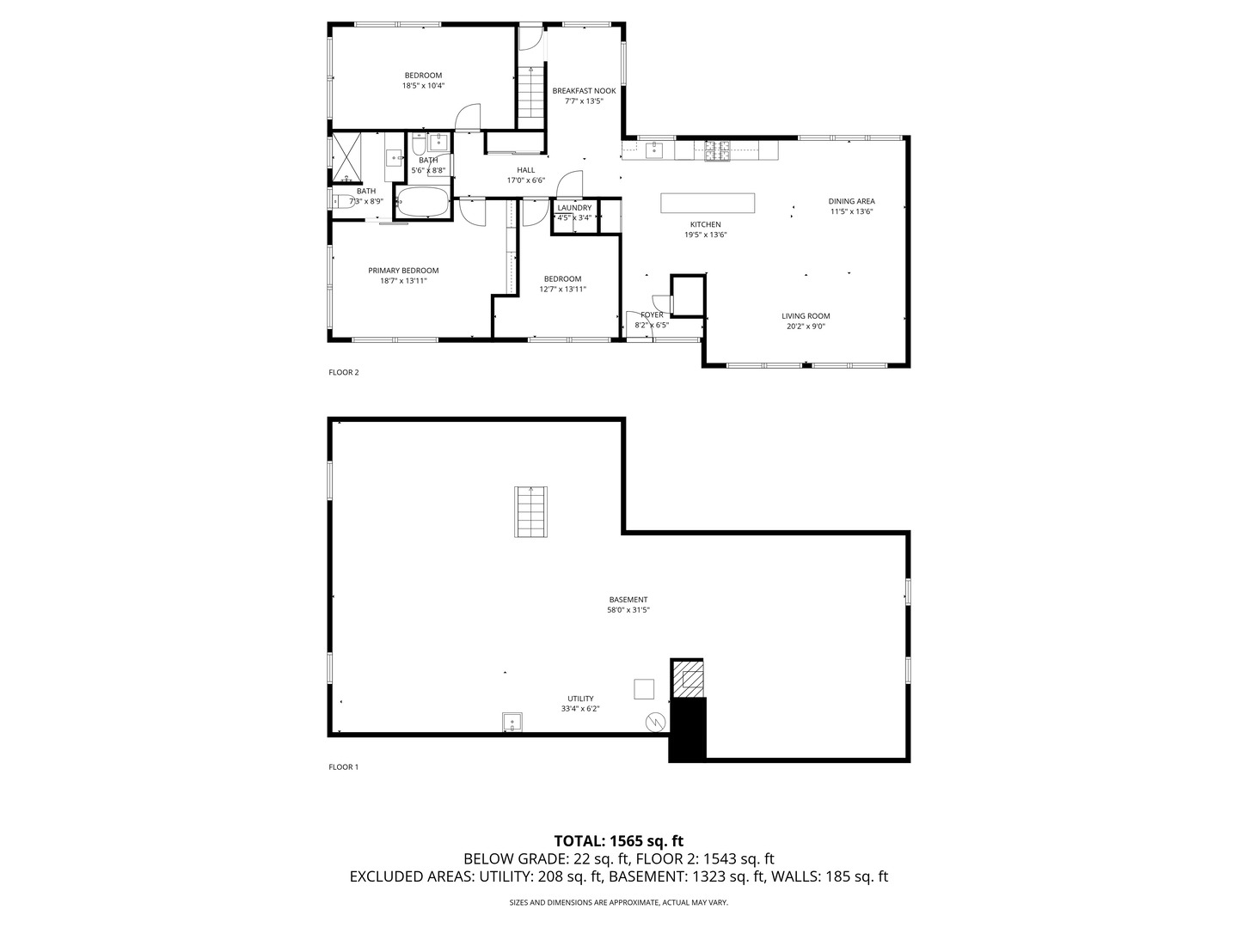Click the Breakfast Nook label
(584, 90)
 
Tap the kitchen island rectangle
(708, 203)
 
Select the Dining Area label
(851, 201)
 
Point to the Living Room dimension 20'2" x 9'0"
(806, 327)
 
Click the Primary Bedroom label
(403, 270)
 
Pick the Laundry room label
(574, 208)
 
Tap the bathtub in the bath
(423, 204)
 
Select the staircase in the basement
(531, 512)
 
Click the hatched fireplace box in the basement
(689, 679)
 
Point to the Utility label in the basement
(579, 699)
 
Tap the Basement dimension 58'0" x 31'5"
(628, 610)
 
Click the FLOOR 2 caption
(343, 372)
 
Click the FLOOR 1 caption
(343, 766)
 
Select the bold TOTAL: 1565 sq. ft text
(618, 840)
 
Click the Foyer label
(652, 314)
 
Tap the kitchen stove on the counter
(717, 151)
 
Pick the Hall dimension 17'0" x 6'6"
(525, 180)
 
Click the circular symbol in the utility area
(656, 723)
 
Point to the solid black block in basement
(688, 730)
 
